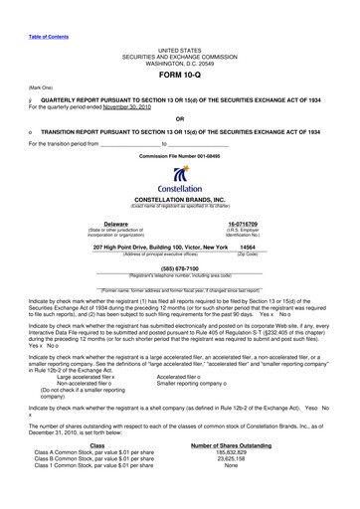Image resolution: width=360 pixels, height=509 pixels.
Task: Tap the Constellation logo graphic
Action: point(180,175)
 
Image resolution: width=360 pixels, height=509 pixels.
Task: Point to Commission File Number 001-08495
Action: point(179,156)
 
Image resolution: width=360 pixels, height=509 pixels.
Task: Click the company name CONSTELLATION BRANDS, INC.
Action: point(180,199)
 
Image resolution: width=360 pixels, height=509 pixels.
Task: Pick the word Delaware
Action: point(118,224)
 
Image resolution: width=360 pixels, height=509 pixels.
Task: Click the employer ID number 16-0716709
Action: point(243,224)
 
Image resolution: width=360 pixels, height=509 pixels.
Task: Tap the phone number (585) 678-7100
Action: point(179,267)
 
